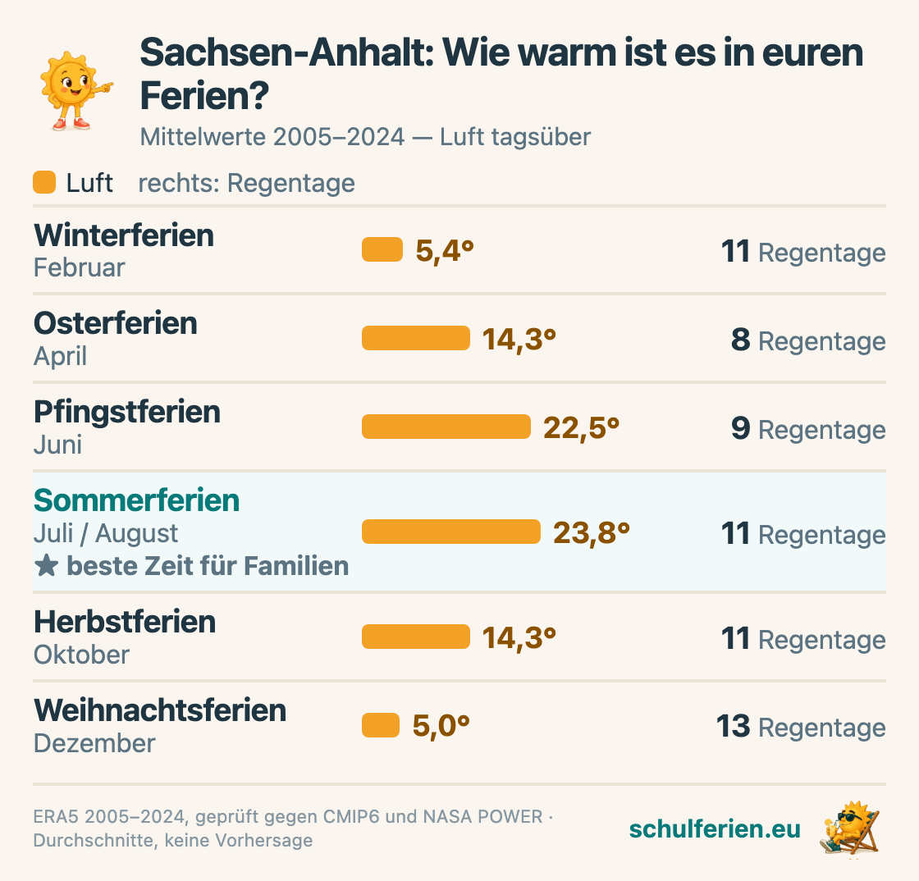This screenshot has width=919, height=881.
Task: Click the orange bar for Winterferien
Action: click(x=382, y=249)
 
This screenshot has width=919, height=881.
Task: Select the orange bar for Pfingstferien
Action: click(x=446, y=427)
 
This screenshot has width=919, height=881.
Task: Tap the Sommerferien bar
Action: click(x=450, y=532)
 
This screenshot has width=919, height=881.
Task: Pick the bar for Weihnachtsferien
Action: click(x=381, y=725)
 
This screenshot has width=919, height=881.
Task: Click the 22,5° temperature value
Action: click(x=581, y=428)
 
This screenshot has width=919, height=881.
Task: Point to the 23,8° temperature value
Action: click(x=591, y=533)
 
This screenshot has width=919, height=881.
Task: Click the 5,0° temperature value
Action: click(x=441, y=726)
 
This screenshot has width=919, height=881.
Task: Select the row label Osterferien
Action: click(x=116, y=323)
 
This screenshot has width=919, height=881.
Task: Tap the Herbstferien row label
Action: click(x=125, y=622)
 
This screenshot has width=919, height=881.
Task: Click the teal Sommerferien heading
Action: click(x=136, y=501)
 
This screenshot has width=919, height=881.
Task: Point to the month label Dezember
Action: click(x=94, y=743)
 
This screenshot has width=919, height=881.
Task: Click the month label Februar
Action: click(x=79, y=267)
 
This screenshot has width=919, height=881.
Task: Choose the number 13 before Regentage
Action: click(x=734, y=726)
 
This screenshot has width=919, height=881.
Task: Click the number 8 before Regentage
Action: click(x=741, y=340)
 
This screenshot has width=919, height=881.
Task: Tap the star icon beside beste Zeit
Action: click(x=46, y=566)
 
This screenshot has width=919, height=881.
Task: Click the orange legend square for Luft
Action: click(x=44, y=182)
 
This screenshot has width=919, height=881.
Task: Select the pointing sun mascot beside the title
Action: click(x=75, y=91)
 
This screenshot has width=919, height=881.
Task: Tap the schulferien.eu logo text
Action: click(x=715, y=829)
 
